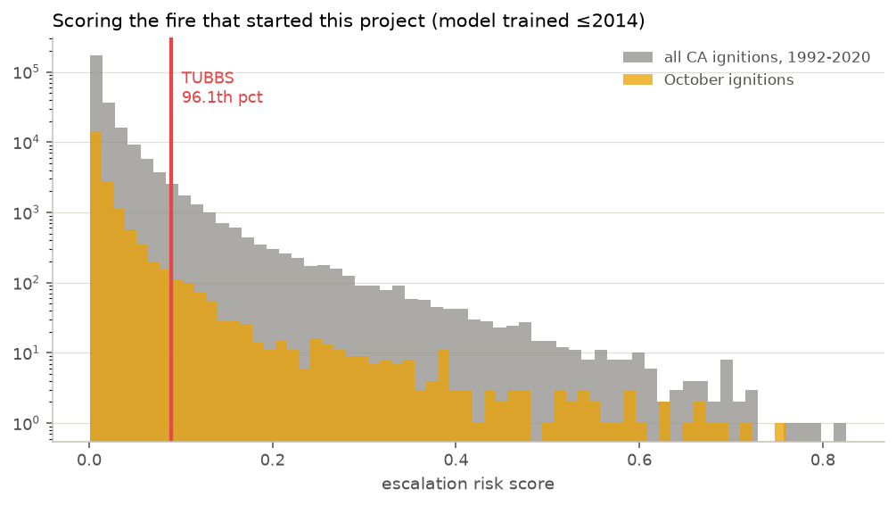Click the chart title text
pyautogui.click(x=349, y=21)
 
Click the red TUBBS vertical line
pyautogui.click(x=171, y=239)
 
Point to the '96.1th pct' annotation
pyautogui.click(x=222, y=97)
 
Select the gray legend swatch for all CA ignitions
pyautogui.click(x=637, y=57)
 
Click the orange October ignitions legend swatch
pyautogui.click(x=637, y=79)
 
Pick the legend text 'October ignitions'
pyautogui.click(x=728, y=79)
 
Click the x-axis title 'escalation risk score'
pyautogui.click(x=468, y=484)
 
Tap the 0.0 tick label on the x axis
pyautogui.click(x=90, y=460)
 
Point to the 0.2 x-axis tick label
pyautogui.click(x=273, y=460)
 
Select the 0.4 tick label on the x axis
pyautogui.click(x=456, y=460)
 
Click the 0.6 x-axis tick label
pyautogui.click(x=639, y=460)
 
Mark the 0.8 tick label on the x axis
pyautogui.click(x=822, y=460)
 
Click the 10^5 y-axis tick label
pyautogui.click(x=26, y=72)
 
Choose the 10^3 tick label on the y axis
pyautogui.click(x=26, y=212)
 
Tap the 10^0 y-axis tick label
pyautogui.click(x=26, y=424)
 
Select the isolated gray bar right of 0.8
pyautogui.click(x=840, y=432)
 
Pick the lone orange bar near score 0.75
pyautogui.click(x=780, y=432)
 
